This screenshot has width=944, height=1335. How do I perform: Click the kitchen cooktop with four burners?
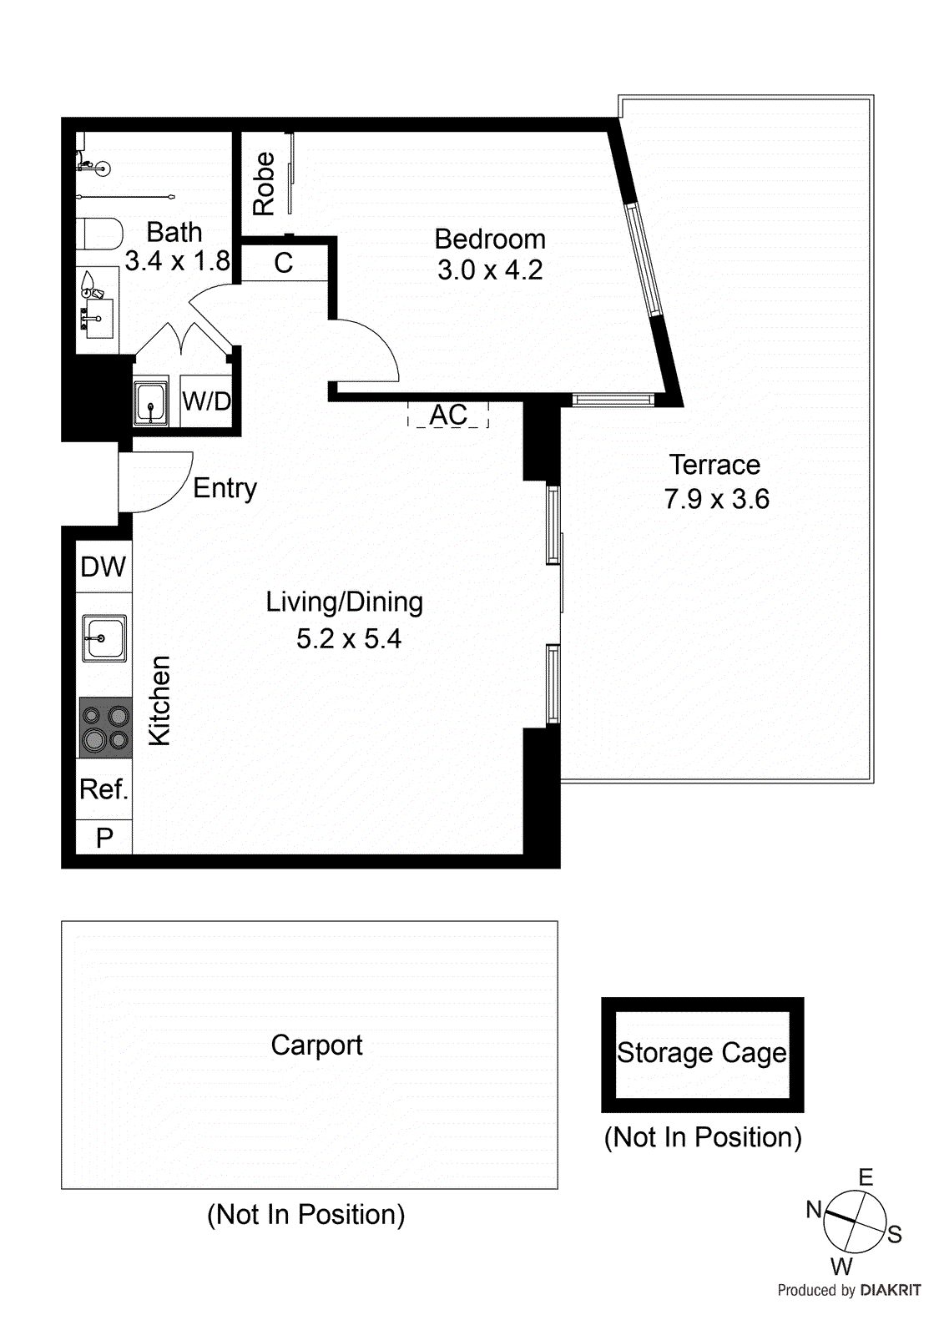[x=105, y=728]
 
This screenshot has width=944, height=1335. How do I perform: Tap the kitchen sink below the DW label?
[x=103, y=638]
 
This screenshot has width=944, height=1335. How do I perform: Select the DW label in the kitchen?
[x=103, y=567]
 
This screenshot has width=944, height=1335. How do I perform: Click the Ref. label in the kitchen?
[x=103, y=788]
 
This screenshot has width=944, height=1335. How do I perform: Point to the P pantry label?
[x=104, y=838]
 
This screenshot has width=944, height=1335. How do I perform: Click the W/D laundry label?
[x=206, y=401]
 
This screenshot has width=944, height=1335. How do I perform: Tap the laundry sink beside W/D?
[x=151, y=403]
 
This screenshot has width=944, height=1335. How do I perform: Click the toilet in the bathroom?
[x=99, y=234]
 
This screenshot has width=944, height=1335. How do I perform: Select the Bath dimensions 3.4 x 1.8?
[x=177, y=261]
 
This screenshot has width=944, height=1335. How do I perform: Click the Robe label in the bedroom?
[x=264, y=184]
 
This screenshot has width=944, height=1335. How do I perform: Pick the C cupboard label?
[x=284, y=264]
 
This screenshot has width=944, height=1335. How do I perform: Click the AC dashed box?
[x=448, y=415]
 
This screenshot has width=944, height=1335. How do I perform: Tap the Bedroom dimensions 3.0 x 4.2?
[x=490, y=270]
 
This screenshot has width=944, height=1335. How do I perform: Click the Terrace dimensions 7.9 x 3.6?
[x=716, y=499]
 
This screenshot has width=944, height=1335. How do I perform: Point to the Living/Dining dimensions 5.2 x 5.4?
[x=348, y=639]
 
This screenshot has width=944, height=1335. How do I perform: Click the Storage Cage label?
[x=701, y=1053]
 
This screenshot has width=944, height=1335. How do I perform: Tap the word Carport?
[x=316, y=1045]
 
